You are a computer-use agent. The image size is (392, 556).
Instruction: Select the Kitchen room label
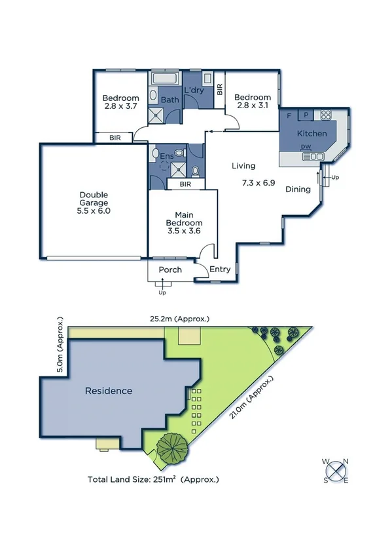pyautogui.click(x=312, y=134)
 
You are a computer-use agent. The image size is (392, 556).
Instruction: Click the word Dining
pyautogui.click(x=298, y=189)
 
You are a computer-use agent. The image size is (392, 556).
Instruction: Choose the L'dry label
pyautogui.click(x=194, y=90)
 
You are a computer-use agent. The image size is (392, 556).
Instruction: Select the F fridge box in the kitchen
pyautogui.click(x=289, y=115)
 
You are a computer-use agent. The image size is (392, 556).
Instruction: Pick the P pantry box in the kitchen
pyautogui.click(x=306, y=115)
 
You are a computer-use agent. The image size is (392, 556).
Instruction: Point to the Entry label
pyautogui.click(x=219, y=269)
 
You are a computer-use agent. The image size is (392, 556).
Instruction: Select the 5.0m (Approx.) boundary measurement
pyautogui.click(x=62, y=346)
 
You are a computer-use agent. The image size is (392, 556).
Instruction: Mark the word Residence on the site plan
pyautogui.click(x=109, y=391)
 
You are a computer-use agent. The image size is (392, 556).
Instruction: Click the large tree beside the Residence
pyautogui.click(x=172, y=448)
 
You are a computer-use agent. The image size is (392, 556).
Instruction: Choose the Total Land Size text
pyautogui.click(x=153, y=479)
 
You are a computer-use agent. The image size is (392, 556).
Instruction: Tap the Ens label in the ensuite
pyautogui.click(x=166, y=157)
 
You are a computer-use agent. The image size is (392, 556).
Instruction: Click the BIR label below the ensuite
pyautogui.click(x=185, y=185)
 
